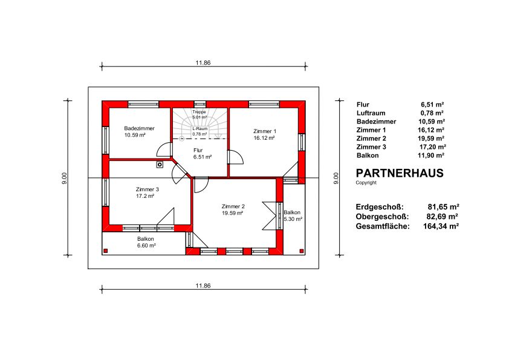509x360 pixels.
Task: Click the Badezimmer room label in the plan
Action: pyautogui.click(x=139, y=128)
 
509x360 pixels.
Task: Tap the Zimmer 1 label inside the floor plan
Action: pyautogui.click(x=265, y=131)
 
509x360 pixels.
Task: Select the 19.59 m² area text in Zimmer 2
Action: pyautogui.click(x=233, y=213)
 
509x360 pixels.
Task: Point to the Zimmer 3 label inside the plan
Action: pyautogui.click(x=148, y=189)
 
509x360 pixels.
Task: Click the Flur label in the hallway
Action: pyautogui.click(x=198, y=150)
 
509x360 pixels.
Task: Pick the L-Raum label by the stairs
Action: pyautogui.click(x=199, y=129)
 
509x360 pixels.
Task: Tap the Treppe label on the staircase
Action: pyautogui.click(x=199, y=112)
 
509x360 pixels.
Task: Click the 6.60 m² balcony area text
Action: pyautogui.click(x=146, y=246)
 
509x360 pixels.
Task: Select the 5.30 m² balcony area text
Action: pyautogui.click(x=293, y=219)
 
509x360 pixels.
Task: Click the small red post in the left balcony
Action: pyautogui.click(x=106, y=250)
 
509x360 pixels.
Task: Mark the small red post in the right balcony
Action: pyautogui.click(x=302, y=251)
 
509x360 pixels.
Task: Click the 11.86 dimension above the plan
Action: pyautogui.click(x=203, y=63)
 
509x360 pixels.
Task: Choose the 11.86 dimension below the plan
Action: pyautogui.click(x=203, y=286)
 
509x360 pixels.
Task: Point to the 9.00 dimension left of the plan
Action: pyautogui.click(x=64, y=178)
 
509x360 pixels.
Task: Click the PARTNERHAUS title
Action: pyautogui.click(x=400, y=173)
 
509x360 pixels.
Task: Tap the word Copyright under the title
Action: pyautogui.click(x=366, y=183)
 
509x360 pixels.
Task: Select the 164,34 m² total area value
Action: pyautogui.click(x=441, y=226)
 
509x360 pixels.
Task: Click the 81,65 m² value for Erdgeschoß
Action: pyautogui.click(x=444, y=207)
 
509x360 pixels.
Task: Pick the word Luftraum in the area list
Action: pyautogui.click(x=371, y=113)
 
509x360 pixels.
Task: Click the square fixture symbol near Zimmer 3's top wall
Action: pyautogui.click(x=160, y=165)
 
